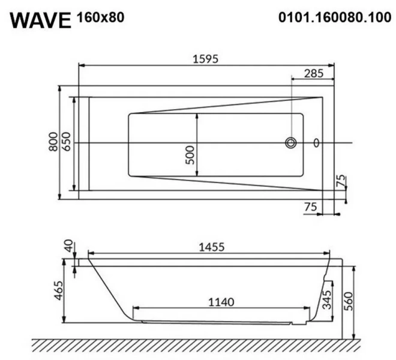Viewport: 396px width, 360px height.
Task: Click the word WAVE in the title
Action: (41, 19)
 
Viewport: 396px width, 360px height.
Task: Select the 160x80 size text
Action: (100, 17)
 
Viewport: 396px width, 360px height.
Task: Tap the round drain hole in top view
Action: (292, 143)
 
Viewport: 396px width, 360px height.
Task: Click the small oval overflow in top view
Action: (317, 143)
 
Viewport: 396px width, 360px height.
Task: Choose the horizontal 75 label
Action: (310, 206)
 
